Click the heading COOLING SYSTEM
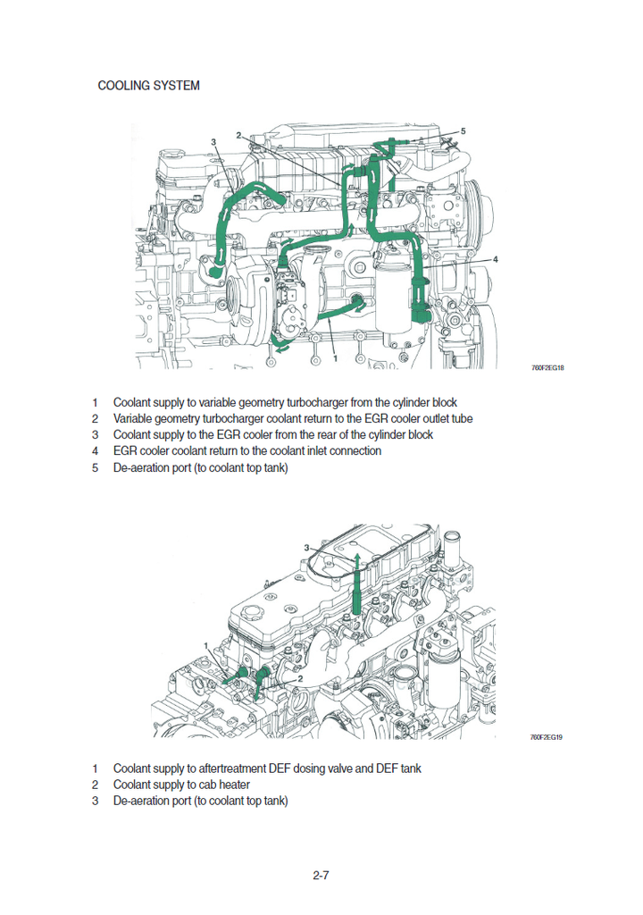(x=148, y=86)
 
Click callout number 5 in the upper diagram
(x=463, y=130)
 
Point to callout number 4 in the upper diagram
(x=496, y=258)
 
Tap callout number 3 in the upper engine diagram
(x=214, y=142)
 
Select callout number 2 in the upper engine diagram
(x=238, y=135)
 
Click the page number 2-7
(x=321, y=876)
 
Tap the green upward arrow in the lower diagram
(x=356, y=581)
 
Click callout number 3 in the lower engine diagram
(x=306, y=548)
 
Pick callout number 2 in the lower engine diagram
(x=301, y=678)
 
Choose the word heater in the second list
(x=232, y=785)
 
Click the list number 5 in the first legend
(x=95, y=466)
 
